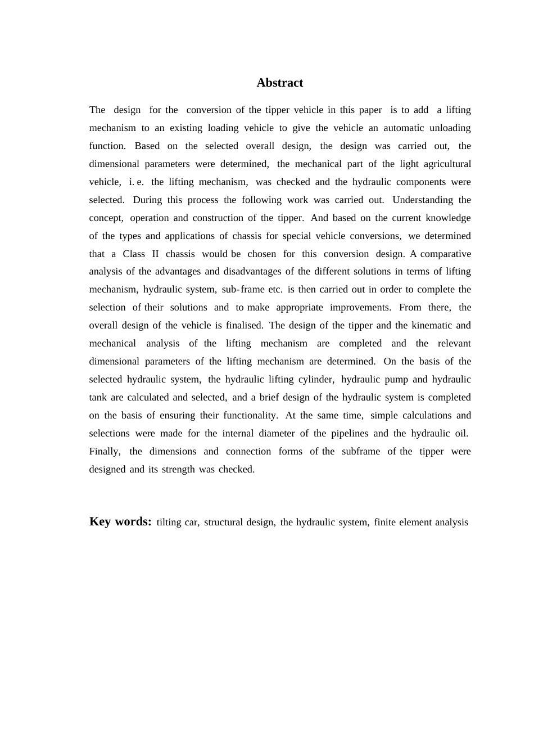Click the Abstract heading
[x=279, y=83]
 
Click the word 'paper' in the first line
[x=370, y=110]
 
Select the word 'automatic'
[x=402, y=128]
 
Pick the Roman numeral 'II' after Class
[x=155, y=254]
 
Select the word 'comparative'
[x=445, y=254]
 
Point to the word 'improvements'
[x=360, y=307]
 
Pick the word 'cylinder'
[x=316, y=379]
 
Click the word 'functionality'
[x=248, y=415]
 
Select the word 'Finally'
[x=105, y=451]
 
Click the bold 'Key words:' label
[x=120, y=521]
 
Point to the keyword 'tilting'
[x=169, y=522]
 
